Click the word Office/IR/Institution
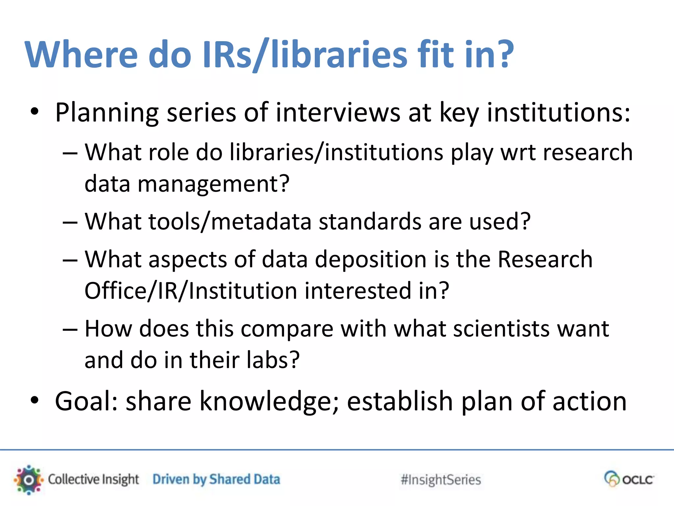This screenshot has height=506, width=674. pyautogui.click(x=191, y=291)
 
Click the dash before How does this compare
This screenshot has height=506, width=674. pyautogui.click(x=70, y=329)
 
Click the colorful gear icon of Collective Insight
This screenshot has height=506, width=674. pyautogui.click(x=29, y=480)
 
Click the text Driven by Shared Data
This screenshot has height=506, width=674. pyautogui.click(x=216, y=480)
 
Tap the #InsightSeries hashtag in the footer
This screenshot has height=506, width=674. pyautogui.click(x=441, y=480)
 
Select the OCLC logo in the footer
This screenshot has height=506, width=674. pyautogui.click(x=629, y=479)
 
